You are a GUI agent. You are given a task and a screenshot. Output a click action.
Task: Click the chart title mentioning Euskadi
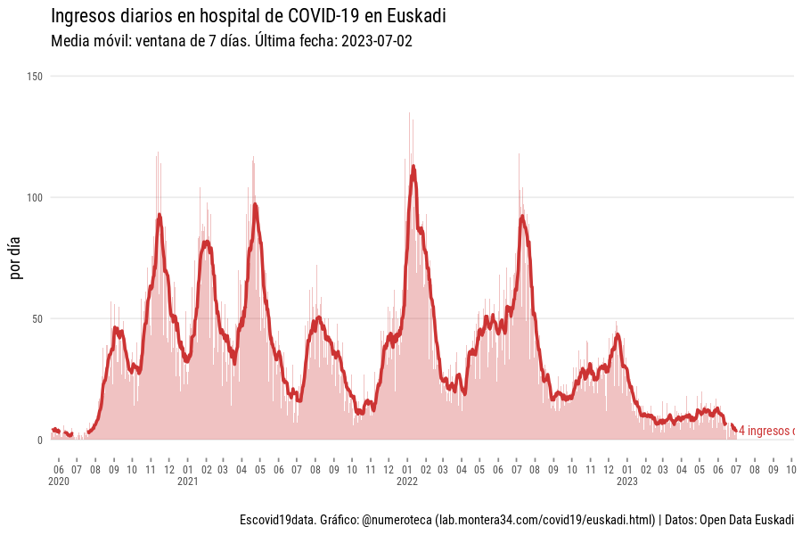(x=249, y=16)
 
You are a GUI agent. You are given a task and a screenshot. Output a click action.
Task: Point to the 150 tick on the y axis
(x=35, y=77)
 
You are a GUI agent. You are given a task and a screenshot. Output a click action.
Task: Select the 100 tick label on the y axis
(x=35, y=197)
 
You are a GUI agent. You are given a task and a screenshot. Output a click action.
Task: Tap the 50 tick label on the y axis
(x=37, y=318)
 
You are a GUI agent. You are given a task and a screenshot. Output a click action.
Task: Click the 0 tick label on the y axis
(x=40, y=440)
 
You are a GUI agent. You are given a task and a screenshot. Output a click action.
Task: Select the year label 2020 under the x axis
(x=59, y=481)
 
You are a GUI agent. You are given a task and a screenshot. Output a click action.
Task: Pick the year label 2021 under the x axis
(x=187, y=481)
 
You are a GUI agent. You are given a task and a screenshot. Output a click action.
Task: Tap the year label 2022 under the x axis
(x=407, y=481)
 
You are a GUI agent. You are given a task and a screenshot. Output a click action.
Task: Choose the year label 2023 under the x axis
(x=626, y=481)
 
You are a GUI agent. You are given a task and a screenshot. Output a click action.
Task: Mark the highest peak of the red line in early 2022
(x=413, y=167)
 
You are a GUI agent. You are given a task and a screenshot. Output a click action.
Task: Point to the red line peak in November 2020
(x=160, y=215)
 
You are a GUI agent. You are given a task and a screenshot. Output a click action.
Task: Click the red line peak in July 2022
(x=521, y=217)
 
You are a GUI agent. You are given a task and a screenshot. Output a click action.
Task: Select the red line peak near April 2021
(x=255, y=205)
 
